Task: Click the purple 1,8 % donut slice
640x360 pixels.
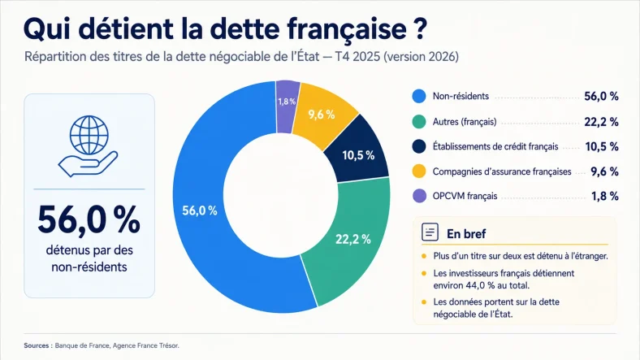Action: [288, 107]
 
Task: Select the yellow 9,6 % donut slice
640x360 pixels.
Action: [322, 115]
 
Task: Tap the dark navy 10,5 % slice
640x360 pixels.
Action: [358, 152]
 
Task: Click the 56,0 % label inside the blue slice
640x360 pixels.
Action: [200, 210]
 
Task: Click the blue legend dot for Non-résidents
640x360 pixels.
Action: [419, 97]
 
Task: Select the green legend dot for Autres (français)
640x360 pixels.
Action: [419, 122]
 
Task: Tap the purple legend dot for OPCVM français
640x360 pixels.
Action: [419, 196]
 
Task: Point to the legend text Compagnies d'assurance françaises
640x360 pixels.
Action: [502, 171]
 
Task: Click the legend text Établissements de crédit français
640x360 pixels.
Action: [495, 147]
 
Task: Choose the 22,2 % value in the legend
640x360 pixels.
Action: [601, 122]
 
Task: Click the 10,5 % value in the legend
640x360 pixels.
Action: [602, 146]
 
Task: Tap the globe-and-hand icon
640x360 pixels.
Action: [89, 146]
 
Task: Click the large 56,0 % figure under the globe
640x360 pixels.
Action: [89, 220]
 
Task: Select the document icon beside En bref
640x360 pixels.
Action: [430, 232]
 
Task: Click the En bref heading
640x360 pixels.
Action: [466, 234]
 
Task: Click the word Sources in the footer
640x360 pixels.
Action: [37, 345]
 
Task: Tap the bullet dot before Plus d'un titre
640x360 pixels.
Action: [424, 256]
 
